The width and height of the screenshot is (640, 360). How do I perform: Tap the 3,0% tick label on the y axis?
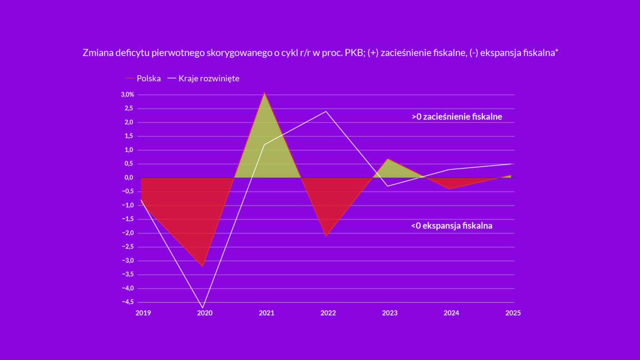click(x=127, y=95)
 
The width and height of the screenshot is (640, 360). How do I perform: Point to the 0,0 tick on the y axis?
click(x=129, y=178)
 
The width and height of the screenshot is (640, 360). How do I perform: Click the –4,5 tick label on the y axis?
click(x=128, y=302)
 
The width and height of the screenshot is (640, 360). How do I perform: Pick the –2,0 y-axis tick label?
click(x=128, y=233)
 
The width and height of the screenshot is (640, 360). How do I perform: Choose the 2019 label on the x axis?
click(x=143, y=313)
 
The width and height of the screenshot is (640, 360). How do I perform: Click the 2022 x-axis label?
click(x=328, y=313)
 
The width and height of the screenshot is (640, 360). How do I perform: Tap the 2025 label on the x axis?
click(x=513, y=313)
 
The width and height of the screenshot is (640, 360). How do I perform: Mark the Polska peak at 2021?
click(x=264, y=92)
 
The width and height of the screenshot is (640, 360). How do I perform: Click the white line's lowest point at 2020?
click(x=203, y=308)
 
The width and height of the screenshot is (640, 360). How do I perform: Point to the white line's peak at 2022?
click(x=326, y=111)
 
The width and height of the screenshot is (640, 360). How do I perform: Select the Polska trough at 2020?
click(x=203, y=266)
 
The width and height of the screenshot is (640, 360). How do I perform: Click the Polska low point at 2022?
click(x=326, y=236)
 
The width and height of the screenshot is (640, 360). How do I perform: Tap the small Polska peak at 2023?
click(x=388, y=159)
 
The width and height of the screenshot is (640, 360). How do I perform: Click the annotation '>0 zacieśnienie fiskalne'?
click(x=457, y=117)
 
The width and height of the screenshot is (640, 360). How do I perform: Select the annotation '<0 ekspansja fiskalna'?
click(x=452, y=226)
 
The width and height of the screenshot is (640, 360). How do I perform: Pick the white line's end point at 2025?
click(x=511, y=164)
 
